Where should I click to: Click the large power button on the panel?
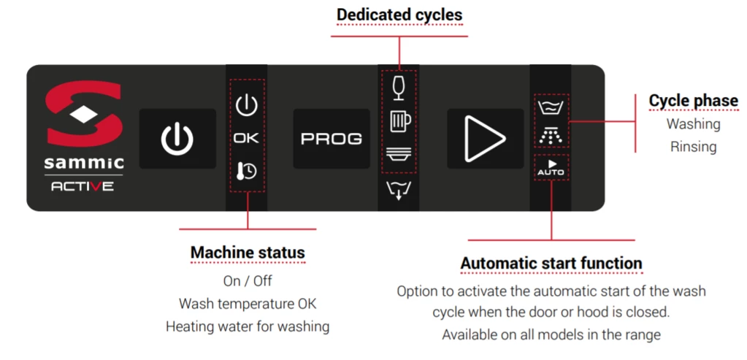click(x=177, y=139)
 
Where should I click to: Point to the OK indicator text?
click(x=246, y=138)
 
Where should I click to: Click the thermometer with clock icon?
click(x=246, y=171)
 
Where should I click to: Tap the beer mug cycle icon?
click(x=399, y=120)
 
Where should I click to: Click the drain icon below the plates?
click(x=399, y=191)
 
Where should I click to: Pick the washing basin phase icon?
click(x=551, y=108)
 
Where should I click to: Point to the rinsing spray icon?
click(x=551, y=136)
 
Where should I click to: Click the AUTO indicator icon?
click(x=551, y=168)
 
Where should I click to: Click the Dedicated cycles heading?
click(x=399, y=15)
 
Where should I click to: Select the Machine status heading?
click(x=248, y=253)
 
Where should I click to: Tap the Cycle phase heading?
click(x=693, y=101)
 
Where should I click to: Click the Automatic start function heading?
click(x=551, y=263)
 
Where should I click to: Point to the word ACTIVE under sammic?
click(x=82, y=186)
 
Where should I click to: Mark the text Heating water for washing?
click(x=247, y=326)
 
